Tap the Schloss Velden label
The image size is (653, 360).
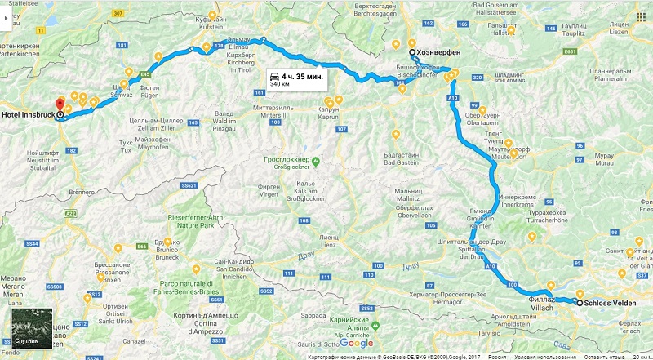(613, 303)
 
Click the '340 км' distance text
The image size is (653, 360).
(279, 84)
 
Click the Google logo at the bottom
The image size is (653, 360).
(356, 343)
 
